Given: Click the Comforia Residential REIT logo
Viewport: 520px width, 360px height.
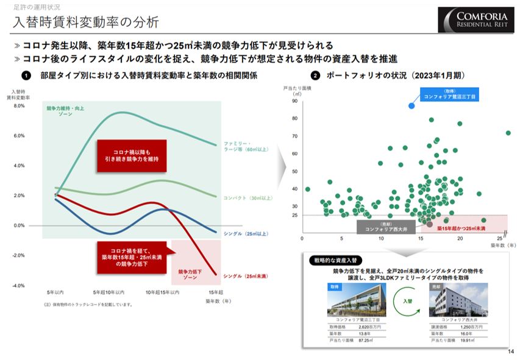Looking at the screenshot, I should click(x=475, y=19).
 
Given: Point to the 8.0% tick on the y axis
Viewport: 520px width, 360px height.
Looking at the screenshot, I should click(x=18, y=105).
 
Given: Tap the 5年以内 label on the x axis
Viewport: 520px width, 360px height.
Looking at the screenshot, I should click(x=55, y=292).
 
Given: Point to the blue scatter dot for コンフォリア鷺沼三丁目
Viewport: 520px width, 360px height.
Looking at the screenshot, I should click(x=411, y=105).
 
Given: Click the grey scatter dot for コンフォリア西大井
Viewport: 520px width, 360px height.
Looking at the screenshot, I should click(x=430, y=225).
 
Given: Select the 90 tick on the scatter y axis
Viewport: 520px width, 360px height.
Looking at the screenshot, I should click(x=294, y=102).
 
